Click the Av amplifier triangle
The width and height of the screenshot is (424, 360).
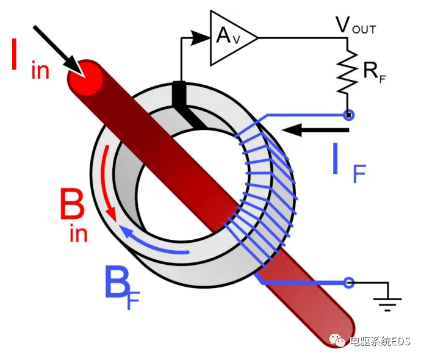pyautogui.click(x=229, y=37)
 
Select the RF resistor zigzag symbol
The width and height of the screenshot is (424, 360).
pyautogui.click(x=348, y=71)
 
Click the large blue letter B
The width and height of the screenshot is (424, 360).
pyautogui.click(x=117, y=282)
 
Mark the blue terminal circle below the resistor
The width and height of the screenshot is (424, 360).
pyautogui.click(x=349, y=115)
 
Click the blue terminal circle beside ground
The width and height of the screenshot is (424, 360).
pyautogui.click(x=349, y=283)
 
